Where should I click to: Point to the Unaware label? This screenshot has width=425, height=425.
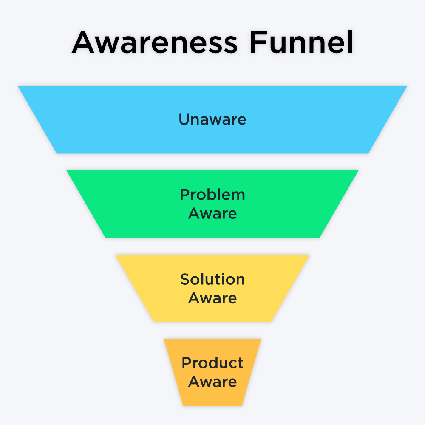(x=212, y=119)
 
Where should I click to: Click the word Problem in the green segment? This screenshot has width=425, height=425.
(x=212, y=195)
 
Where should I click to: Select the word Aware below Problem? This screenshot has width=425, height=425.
(x=212, y=213)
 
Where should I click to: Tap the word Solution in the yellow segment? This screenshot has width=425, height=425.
(x=212, y=279)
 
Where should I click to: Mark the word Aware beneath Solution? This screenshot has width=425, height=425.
(x=212, y=298)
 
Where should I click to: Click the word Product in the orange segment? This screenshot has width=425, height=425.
(x=212, y=363)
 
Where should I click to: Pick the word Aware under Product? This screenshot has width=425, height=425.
(x=212, y=382)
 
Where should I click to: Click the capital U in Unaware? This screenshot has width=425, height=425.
(x=184, y=119)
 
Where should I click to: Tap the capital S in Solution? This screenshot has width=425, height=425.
(x=185, y=279)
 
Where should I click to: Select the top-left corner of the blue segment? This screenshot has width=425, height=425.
(x=19, y=87)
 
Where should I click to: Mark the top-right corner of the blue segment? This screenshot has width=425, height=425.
(x=406, y=87)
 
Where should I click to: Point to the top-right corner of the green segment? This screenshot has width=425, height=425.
(x=358, y=171)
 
